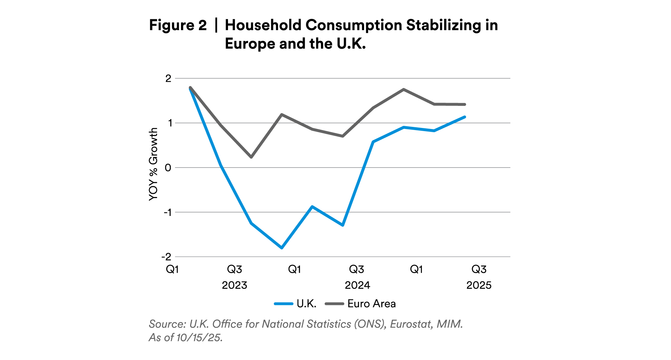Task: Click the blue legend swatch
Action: [x=283, y=304]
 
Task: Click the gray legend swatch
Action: [x=334, y=304]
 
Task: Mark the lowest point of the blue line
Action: [x=282, y=248]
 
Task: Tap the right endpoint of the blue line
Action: [x=465, y=117]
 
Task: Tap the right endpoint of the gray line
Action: [x=465, y=104]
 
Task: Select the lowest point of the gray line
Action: [x=251, y=157]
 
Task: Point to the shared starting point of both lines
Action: [x=190, y=88]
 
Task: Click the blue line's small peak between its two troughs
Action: [x=312, y=206]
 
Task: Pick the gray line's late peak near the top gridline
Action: [x=404, y=89]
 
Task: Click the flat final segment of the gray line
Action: [x=450, y=104]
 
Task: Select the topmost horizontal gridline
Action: [x=342, y=78]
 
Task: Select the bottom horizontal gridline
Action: [x=342, y=257]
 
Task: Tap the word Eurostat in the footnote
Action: [x=411, y=324]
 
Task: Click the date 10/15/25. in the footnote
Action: [x=199, y=338]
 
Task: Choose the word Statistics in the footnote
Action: [x=329, y=324]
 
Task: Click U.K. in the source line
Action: [x=199, y=324]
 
